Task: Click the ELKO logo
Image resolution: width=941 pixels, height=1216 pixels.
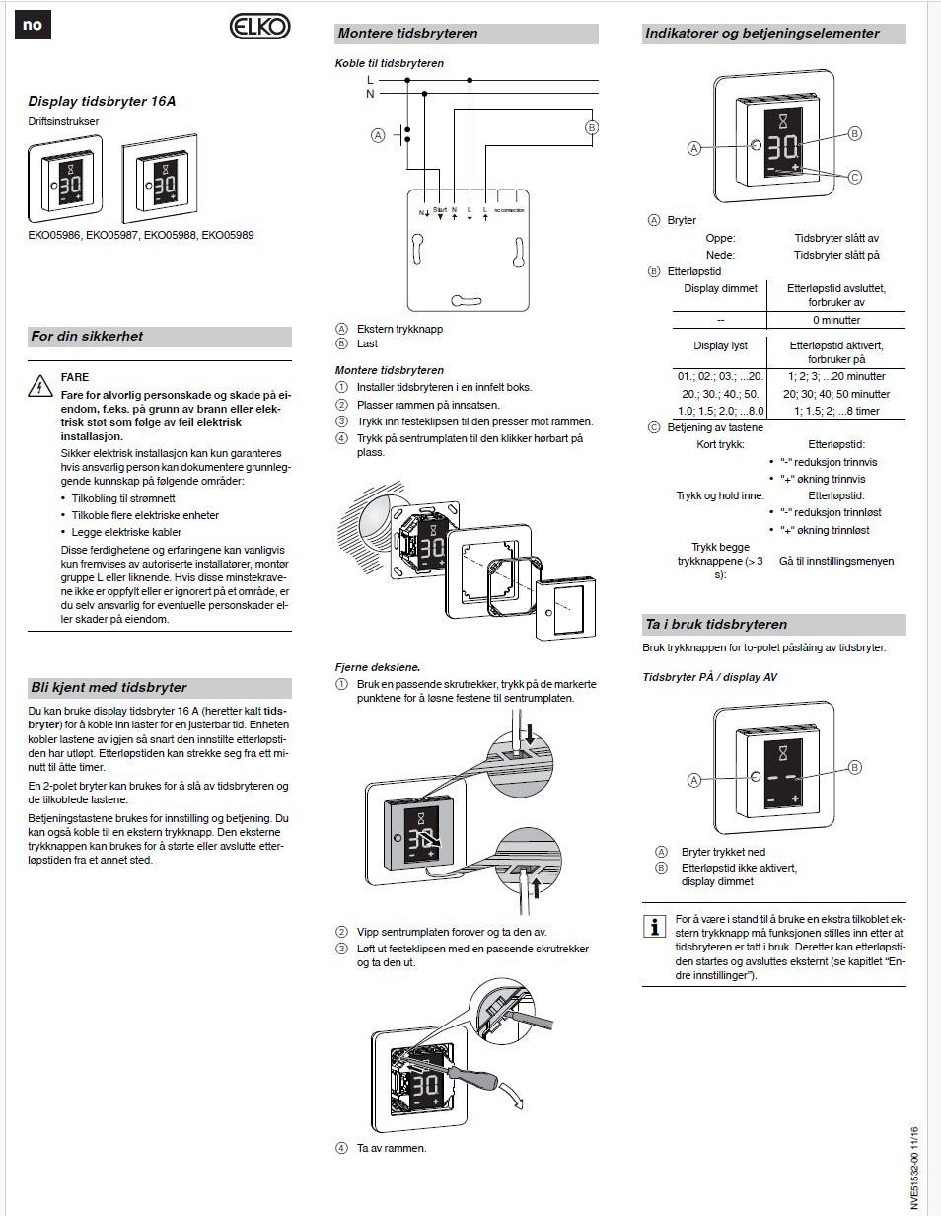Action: click(260, 28)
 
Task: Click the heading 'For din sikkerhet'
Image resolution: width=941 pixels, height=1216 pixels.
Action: click(87, 337)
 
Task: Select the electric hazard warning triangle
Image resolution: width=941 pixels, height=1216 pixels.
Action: click(40, 386)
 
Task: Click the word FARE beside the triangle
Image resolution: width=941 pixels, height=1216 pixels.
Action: click(75, 377)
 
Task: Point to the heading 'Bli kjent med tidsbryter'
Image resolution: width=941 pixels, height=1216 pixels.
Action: click(109, 688)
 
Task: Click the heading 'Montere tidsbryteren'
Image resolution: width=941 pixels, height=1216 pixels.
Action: click(407, 34)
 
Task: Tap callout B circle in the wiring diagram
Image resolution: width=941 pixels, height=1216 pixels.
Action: click(592, 127)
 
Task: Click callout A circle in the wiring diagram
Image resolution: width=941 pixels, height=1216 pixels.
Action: click(377, 135)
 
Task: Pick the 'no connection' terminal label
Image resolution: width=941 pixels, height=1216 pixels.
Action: click(509, 211)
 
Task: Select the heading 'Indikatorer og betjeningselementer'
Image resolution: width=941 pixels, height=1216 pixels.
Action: click(761, 34)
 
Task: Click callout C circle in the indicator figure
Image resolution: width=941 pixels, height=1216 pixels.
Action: click(855, 177)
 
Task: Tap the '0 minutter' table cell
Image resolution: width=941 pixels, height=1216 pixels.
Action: click(836, 320)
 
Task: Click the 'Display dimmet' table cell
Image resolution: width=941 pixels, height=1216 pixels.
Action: click(720, 288)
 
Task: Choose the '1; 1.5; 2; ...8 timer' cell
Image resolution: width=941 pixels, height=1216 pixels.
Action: click(835, 410)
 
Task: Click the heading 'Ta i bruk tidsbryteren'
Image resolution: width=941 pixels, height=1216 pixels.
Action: click(716, 625)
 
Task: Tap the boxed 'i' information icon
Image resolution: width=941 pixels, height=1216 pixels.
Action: click(653, 927)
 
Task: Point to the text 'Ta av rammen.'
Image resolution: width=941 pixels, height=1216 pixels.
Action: click(393, 1148)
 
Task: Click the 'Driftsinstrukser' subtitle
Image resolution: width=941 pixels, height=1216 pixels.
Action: click(63, 121)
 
